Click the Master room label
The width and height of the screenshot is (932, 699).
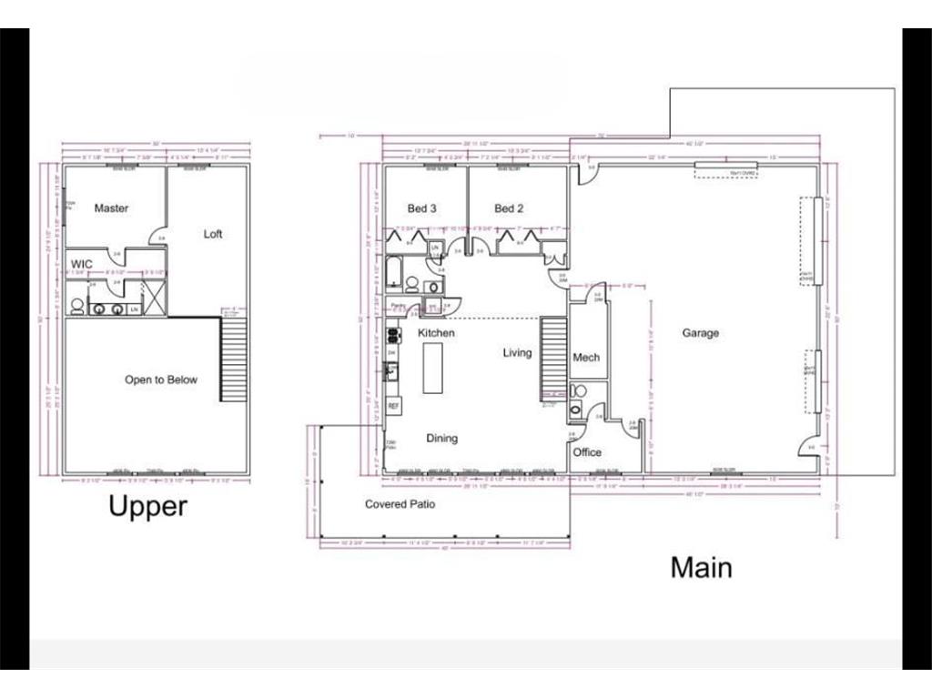(x=111, y=208)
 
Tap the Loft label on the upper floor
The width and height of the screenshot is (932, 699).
(x=213, y=234)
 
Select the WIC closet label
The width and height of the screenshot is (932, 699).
(x=82, y=265)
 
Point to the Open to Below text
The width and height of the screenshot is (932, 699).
(x=160, y=380)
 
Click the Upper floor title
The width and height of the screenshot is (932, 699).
(x=147, y=506)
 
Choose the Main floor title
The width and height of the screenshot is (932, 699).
(x=701, y=567)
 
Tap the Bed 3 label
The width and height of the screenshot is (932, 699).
(x=421, y=208)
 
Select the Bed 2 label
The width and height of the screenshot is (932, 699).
(x=509, y=208)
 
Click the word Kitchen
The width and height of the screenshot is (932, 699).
(x=436, y=333)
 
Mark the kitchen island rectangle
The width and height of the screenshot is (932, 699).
(x=433, y=368)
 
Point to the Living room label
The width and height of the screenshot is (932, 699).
(x=517, y=353)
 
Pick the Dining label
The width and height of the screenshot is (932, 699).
(x=442, y=439)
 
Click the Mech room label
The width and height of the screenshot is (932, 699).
(x=586, y=358)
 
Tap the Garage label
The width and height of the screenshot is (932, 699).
(x=700, y=333)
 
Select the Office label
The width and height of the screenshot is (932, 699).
(x=587, y=452)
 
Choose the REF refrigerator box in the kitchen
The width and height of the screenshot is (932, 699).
(x=394, y=405)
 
